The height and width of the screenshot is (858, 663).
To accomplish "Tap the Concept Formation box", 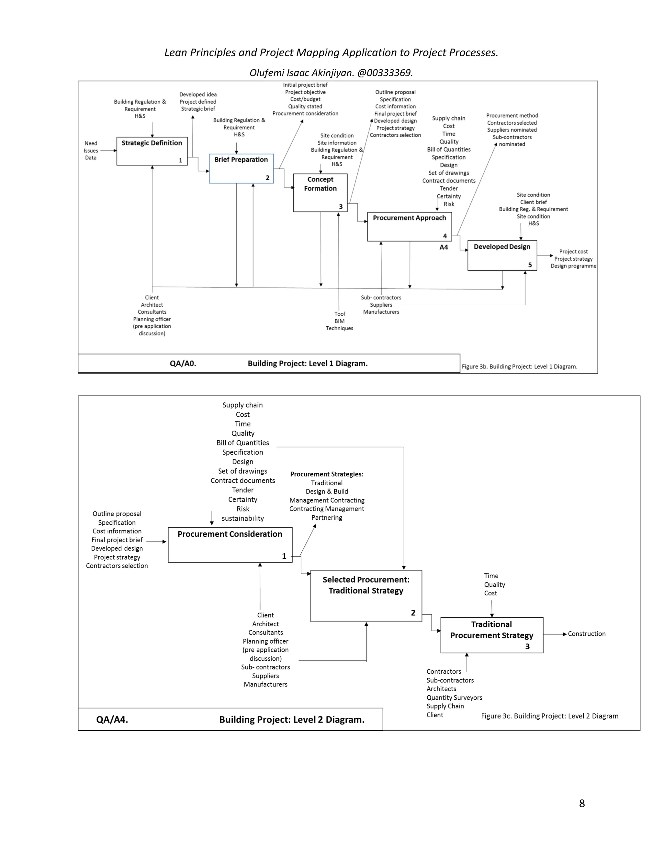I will click(x=320, y=193).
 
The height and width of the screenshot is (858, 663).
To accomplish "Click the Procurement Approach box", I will click(x=409, y=227).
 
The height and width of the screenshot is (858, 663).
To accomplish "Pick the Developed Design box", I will click(x=502, y=255).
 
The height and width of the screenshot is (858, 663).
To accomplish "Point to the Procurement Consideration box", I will click(x=230, y=545).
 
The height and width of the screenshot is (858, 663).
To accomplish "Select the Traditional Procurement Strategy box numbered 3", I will click(x=491, y=635).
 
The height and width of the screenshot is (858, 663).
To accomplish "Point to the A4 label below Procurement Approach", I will click(x=444, y=247).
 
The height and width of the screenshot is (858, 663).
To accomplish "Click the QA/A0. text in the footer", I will click(x=183, y=363).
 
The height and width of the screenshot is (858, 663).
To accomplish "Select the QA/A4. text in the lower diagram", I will click(x=112, y=719).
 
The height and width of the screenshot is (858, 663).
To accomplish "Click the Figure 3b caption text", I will click(x=519, y=367).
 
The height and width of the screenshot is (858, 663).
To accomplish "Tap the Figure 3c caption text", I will click(x=549, y=716).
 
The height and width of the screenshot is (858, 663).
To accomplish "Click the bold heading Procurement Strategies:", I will click(x=326, y=474).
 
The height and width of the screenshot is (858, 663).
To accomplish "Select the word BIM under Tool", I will click(x=339, y=321).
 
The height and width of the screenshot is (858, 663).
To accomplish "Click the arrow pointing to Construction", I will click(x=555, y=634).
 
